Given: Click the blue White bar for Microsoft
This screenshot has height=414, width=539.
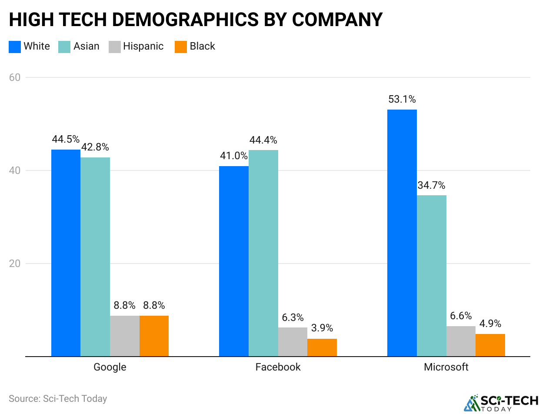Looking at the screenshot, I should (402, 233).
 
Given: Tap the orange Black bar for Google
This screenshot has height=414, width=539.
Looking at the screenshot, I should (154, 336).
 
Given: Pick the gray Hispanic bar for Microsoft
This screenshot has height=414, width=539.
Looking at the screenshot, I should (461, 341).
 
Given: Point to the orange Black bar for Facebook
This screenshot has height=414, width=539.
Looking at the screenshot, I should (322, 347).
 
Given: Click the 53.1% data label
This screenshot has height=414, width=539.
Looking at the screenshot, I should (402, 100).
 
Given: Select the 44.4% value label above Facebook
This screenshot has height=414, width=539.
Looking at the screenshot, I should (263, 140).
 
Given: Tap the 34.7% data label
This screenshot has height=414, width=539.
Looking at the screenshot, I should (431, 185).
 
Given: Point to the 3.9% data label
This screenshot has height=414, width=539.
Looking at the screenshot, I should (322, 328).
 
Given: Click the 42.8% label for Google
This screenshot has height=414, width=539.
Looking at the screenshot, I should (95, 147).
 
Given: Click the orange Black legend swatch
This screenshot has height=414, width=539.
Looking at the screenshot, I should (180, 47).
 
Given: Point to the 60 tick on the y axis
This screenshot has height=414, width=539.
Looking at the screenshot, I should (15, 77).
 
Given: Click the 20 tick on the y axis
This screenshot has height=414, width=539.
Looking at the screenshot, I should (15, 264).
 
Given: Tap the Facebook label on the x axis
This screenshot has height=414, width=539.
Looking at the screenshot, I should (278, 367).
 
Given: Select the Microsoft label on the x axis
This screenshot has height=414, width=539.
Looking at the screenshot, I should (446, 367).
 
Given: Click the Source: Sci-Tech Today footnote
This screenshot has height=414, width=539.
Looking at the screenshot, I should (58, 398).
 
